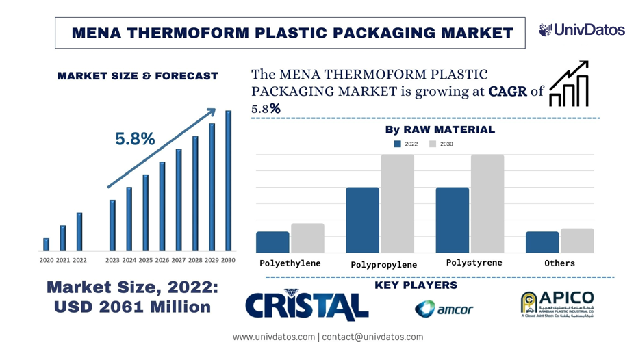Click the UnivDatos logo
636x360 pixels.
(581, 30)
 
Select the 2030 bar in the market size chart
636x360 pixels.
(229, 181)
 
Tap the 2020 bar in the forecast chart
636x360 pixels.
(47, 244)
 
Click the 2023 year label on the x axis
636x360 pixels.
(112, 261)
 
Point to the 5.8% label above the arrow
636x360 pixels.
(135, 139)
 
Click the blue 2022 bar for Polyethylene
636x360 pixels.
(272, 242)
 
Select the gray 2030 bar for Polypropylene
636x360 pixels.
(397, 204)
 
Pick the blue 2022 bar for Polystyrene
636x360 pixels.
(453, 220)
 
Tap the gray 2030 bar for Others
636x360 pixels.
(577, 241)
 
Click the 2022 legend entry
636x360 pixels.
(405, 144)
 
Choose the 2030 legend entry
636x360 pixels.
(441, 144)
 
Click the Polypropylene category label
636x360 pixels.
(383, 265)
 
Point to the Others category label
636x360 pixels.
(559, 263)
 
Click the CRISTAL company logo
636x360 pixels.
(306, 305)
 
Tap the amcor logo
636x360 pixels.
(444, 309)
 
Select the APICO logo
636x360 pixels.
(557, 304)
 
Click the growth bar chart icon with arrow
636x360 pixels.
(569, 84)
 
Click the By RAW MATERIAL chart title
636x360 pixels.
(440, 129)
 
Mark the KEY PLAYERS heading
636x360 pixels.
(416, 285)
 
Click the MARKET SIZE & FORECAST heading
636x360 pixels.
(137, 76)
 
